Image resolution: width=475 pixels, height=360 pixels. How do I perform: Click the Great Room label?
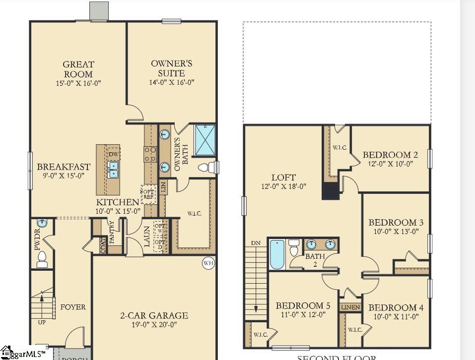(x=78, y=69)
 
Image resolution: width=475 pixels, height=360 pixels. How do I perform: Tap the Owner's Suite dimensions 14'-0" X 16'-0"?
(x=171, y=82)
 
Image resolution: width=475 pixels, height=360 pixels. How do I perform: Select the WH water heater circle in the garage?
(x=208, y=263)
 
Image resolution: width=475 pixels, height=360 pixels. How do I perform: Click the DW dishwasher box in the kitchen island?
(x=114, y=154)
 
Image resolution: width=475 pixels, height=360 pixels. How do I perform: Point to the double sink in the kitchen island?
(x=114, y=170)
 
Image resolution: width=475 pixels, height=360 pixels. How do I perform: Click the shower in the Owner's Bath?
(x=204, y=140)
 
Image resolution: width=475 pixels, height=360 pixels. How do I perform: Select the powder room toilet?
(x=42, y=259)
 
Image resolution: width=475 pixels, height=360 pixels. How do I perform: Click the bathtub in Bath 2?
(x=276, y=254)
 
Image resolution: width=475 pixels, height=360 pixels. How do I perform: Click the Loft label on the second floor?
(x=283, y=177)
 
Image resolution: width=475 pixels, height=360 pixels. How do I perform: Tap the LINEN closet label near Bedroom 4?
(x=350, y=307)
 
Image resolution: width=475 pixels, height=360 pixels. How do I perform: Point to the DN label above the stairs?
(x=256, y=243)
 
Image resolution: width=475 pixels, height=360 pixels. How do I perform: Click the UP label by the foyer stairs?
(x=41, y=322)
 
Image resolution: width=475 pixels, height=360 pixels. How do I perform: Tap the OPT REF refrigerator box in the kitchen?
(x=148, y=194)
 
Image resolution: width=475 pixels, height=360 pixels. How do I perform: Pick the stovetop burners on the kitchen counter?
(x=149, y=155)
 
